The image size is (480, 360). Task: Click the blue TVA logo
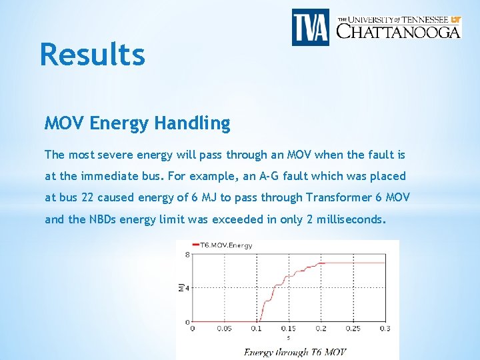311,27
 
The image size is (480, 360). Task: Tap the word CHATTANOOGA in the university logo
398,31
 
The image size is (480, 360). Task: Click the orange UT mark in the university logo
455,19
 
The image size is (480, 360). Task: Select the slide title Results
92,54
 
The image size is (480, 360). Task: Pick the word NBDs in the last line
103,219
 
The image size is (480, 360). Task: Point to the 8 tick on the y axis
187,254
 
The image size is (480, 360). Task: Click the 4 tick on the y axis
187,288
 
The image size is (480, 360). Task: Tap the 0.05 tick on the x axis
225,328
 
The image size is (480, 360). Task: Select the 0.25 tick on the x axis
353,328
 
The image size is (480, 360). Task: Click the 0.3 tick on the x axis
385,328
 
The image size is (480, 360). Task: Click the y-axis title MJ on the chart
181,287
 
